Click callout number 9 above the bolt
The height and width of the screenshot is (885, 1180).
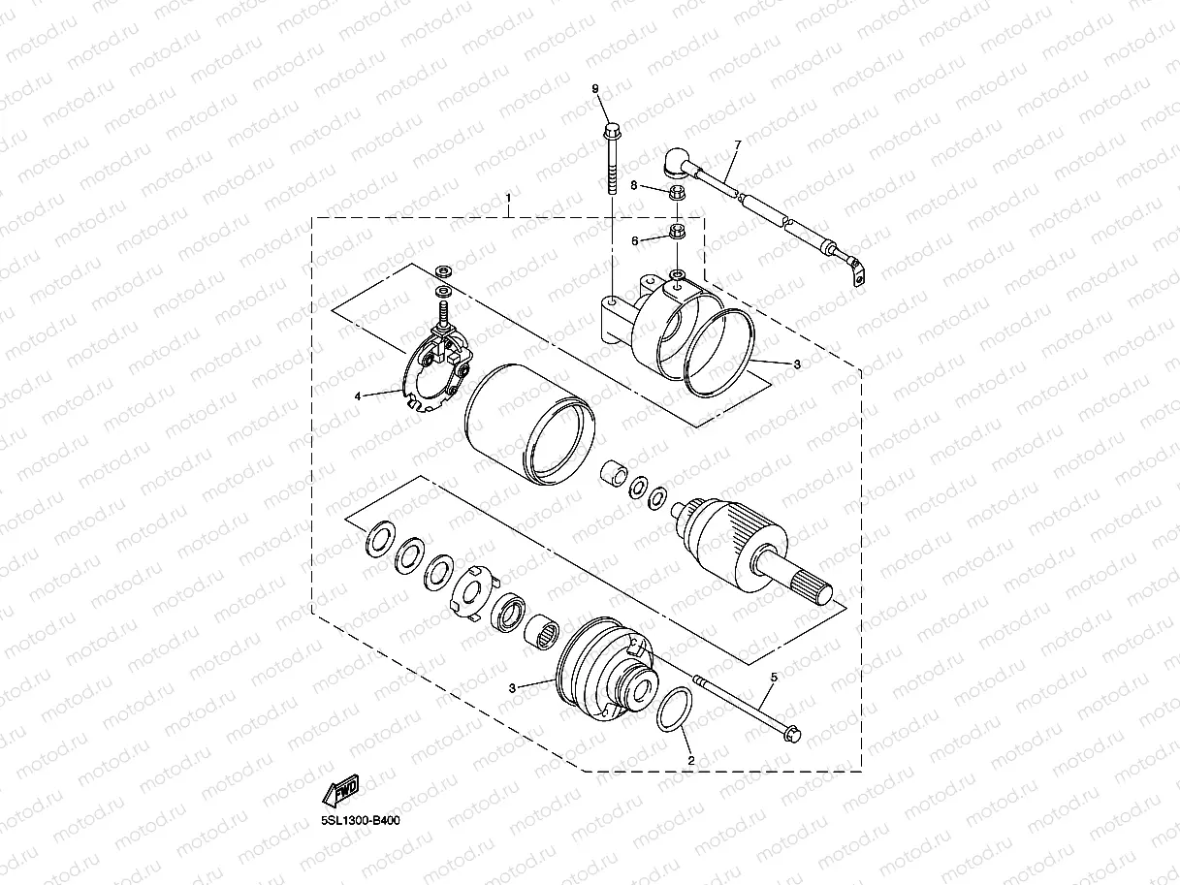click(596, 90)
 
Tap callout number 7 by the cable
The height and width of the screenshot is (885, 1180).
click(737, 145)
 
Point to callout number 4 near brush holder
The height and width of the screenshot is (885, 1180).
click(358, 395)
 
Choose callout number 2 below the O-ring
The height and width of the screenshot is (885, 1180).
click(690, 761)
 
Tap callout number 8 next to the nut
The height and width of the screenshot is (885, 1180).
click(634, 184)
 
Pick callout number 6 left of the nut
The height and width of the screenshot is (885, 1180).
click(634, 239)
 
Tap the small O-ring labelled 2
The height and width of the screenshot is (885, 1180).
click(675, 711)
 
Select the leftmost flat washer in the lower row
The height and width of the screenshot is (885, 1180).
click(379, 542)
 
